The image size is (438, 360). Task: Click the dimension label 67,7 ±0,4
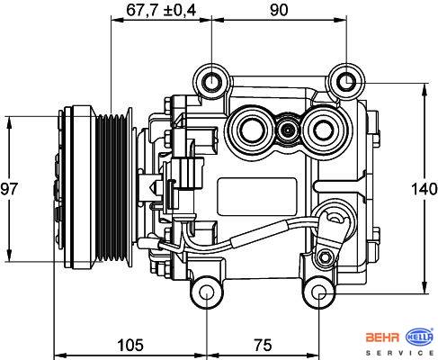pyautogui.click(x=161, y=10)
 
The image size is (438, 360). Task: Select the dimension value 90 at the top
pyautogui.click(x=279, y=10)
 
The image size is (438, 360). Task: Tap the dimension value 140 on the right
pyautogui.click(x=424, y=189)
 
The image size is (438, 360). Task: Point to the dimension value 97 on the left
pyautogui.click(x=9, y=189)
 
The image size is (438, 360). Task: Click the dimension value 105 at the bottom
pyautogui.click(x=130, y=345)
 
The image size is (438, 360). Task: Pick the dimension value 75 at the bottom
pyautogui.click(x=263, y=345)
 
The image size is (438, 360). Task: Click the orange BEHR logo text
pyautogui.click(x=382, y=337)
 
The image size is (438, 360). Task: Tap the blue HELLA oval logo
pyautogui.click(x=419, y=337)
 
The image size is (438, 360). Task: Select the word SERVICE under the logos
pyautogui.click(x=400, y=353)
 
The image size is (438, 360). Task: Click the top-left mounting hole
pyautogui.click(x=211, y=81)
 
